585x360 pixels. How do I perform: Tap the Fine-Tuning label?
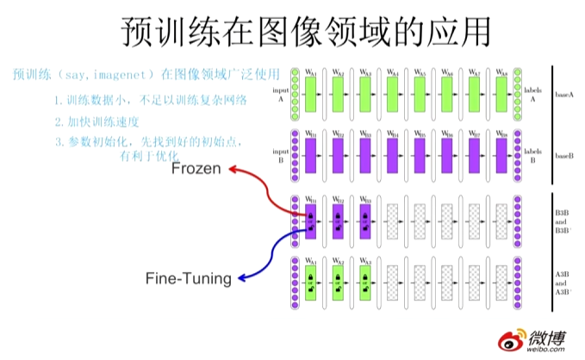[188, 277]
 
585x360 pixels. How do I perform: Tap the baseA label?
[564, 92]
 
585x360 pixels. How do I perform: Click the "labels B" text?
[532, 155]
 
